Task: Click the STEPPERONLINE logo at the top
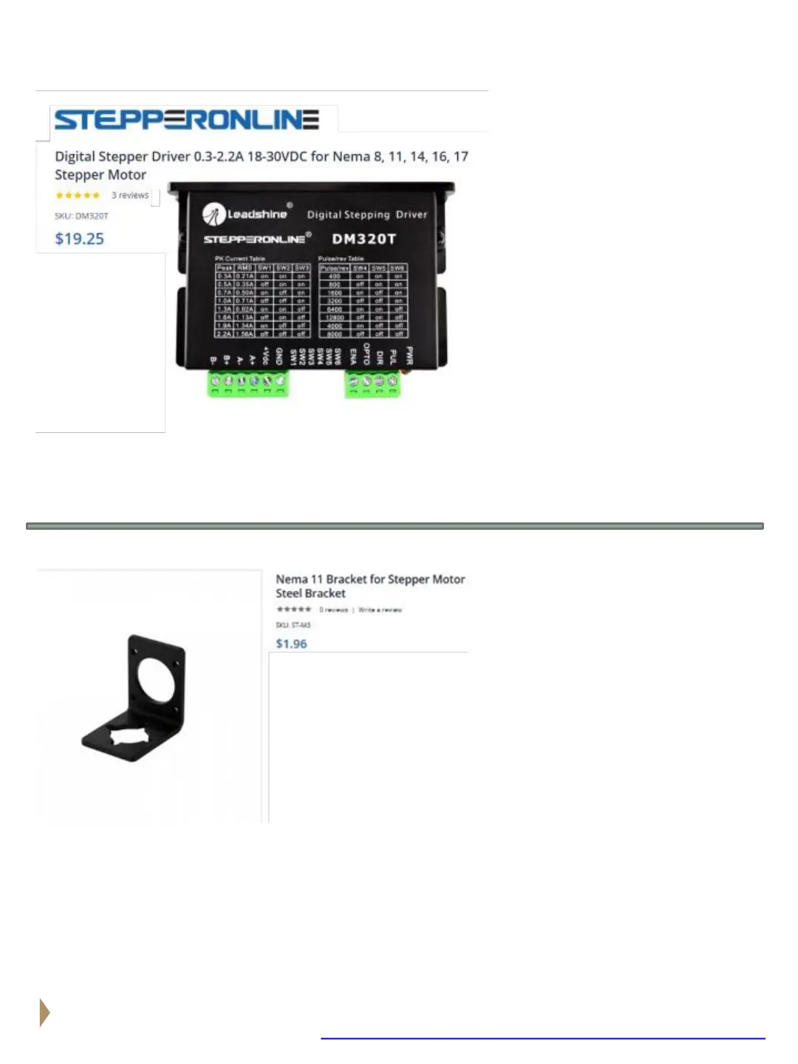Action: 187,120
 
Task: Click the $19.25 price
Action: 79,239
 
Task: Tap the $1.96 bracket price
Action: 291,644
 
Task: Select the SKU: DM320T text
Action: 81,216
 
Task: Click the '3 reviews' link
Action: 130,195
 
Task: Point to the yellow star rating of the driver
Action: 78,195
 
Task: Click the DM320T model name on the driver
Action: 364,239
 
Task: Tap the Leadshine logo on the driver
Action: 245,214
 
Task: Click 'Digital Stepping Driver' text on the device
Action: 367,214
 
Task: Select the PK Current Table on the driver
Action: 262,298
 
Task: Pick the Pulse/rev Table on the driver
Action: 363,298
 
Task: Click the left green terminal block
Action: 248,383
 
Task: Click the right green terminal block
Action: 372,383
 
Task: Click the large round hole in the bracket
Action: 157,681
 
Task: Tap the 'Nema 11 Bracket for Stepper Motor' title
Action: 370,579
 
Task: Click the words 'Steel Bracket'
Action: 310,593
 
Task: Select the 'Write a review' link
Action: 380,610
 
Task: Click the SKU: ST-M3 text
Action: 293,625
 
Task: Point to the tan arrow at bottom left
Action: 44,1012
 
